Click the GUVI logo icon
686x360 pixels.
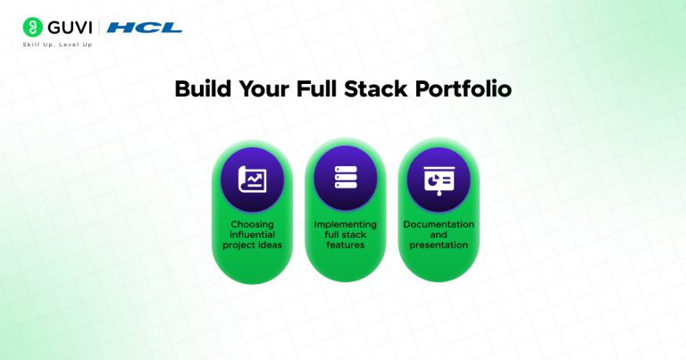coord(32,27)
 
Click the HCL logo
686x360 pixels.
coord(144,28)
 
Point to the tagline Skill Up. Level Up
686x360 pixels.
coord(57,44)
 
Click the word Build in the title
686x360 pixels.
coord(200,90)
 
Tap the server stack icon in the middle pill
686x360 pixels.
coord(345,178)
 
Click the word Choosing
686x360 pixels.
coord(252,224)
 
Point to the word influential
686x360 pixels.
coord(252,235)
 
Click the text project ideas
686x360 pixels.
coord(252,246)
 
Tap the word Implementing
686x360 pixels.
coord(345,224)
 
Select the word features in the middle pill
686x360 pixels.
coord(345,246)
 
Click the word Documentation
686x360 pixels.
coord(438,224)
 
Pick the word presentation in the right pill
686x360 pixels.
coord(438,246)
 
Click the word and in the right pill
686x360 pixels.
coord(438,235)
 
